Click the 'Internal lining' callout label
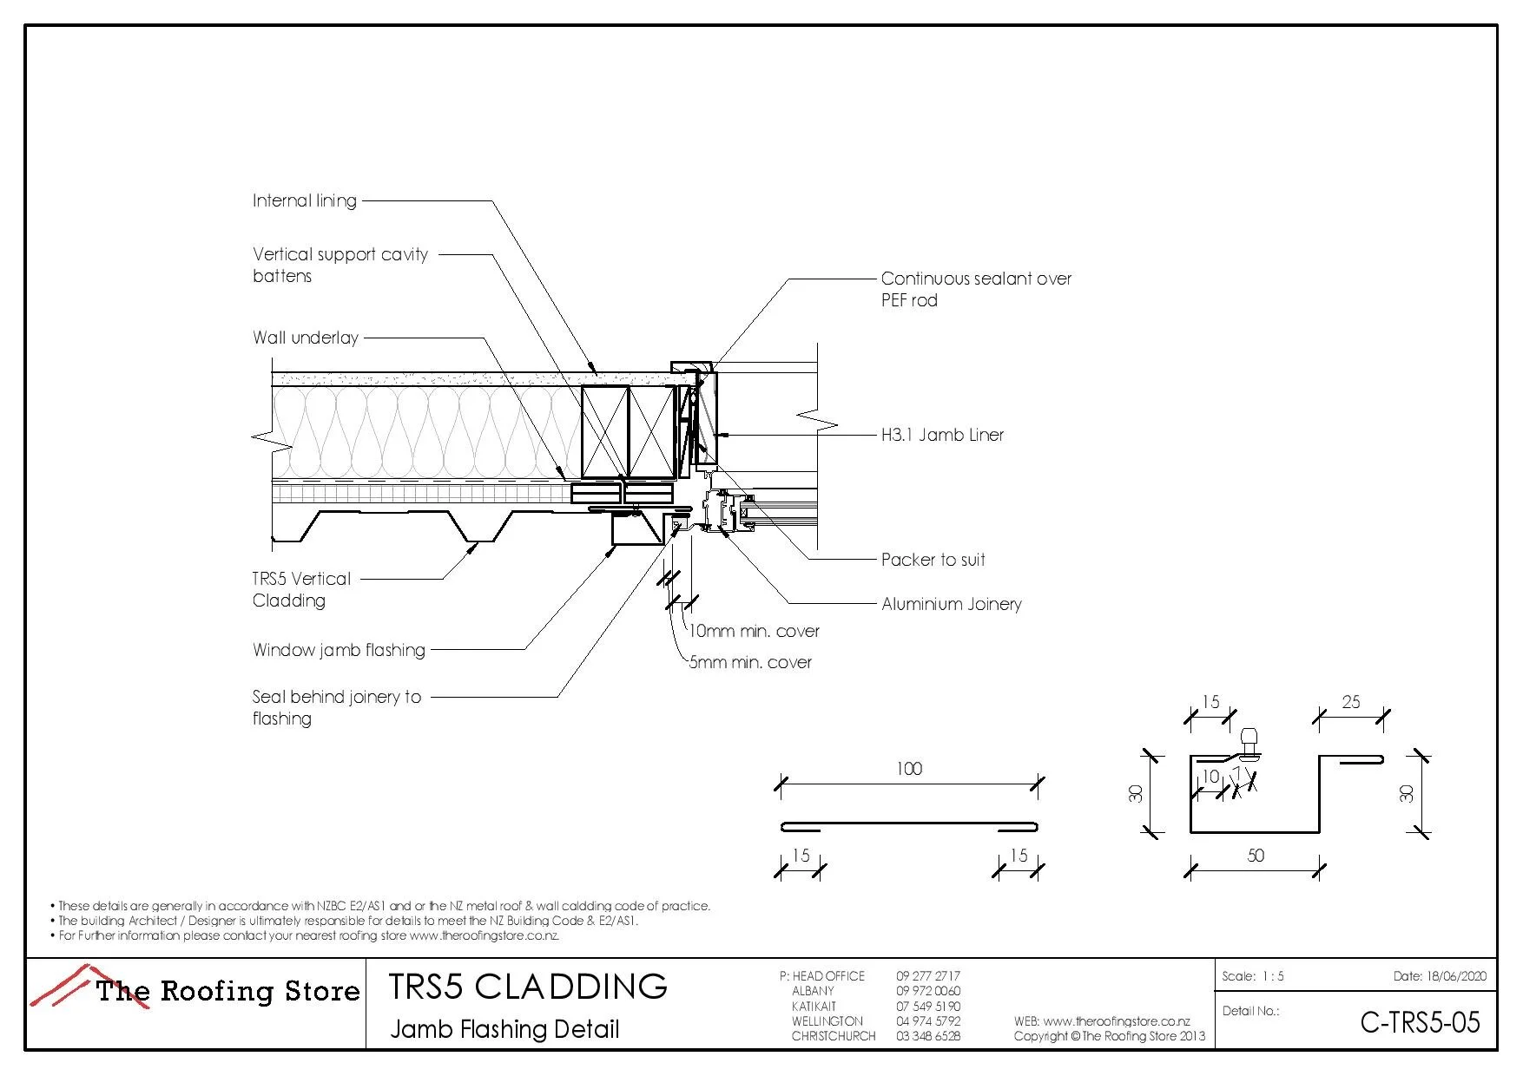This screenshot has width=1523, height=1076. [304, 200]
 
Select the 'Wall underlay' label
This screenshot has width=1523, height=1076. [305, 338]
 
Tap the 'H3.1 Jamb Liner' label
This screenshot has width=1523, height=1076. [942, 435]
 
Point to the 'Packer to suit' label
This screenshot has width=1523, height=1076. [933, 560]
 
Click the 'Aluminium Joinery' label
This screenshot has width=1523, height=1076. [951, 604]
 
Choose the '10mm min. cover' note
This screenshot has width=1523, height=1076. [754, 631]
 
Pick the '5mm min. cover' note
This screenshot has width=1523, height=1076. [750, 662]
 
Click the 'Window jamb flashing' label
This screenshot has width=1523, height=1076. [339, 650]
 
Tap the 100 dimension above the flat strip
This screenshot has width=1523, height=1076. [909, 769]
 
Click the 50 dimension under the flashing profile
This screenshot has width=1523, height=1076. [1256, 856]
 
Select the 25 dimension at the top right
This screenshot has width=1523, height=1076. [1351, 702]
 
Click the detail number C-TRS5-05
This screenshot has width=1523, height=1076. [1420, 1022]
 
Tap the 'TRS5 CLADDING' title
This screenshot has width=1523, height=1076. [528, 987]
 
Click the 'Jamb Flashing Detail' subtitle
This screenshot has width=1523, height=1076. [504, 1029]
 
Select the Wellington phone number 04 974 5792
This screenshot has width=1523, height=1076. [928, 1021]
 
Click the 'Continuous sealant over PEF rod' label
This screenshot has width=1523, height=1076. [975, 289]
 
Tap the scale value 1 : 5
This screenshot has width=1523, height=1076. [1273, 976]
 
